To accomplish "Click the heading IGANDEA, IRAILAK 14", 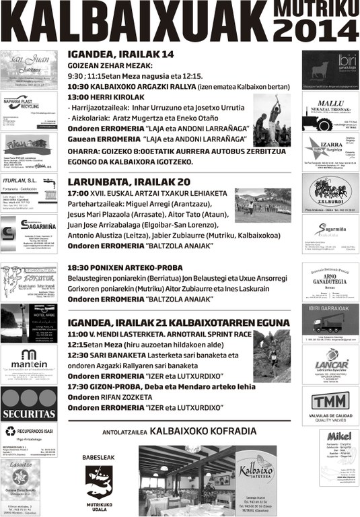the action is [120, 55].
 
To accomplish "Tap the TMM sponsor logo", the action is [330, 403].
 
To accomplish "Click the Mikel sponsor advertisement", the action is [330, 454].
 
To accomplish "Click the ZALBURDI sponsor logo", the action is [330, 193].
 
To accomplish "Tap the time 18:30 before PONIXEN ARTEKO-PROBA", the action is [79, 267].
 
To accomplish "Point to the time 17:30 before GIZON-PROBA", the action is [79, 386].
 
